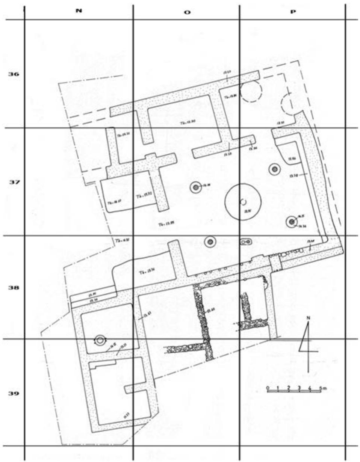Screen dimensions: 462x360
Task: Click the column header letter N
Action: pos(79,11)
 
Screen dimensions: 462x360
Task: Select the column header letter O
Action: pos(187,12)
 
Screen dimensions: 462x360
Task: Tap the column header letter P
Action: pos(293,11)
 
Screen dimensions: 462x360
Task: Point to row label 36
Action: pos(14,74)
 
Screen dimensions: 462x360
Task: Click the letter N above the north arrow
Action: pos(308,317)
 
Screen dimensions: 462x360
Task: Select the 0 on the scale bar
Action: pos(267,387)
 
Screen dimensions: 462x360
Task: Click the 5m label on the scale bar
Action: pos(323,387)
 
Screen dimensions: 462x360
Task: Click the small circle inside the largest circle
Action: pos(243,202)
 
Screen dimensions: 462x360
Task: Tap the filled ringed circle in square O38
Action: pos(210,242)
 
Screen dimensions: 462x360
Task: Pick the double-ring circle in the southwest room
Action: pos(100,340)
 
